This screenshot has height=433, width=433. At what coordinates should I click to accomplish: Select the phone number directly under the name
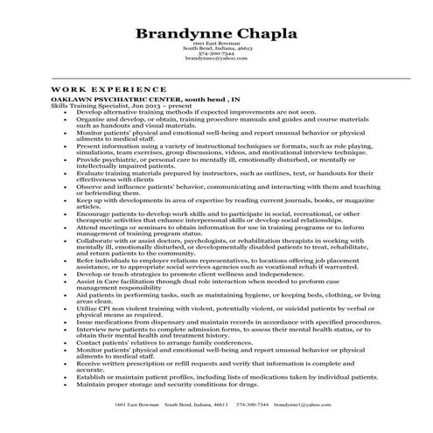[x=216, y=53]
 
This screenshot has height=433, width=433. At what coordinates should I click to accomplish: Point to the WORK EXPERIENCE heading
[x=108, y=89]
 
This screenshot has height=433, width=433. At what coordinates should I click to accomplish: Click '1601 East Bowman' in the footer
[x=133, y=406]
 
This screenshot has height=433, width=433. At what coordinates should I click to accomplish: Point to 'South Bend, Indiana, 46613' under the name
[x=216, y=48]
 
